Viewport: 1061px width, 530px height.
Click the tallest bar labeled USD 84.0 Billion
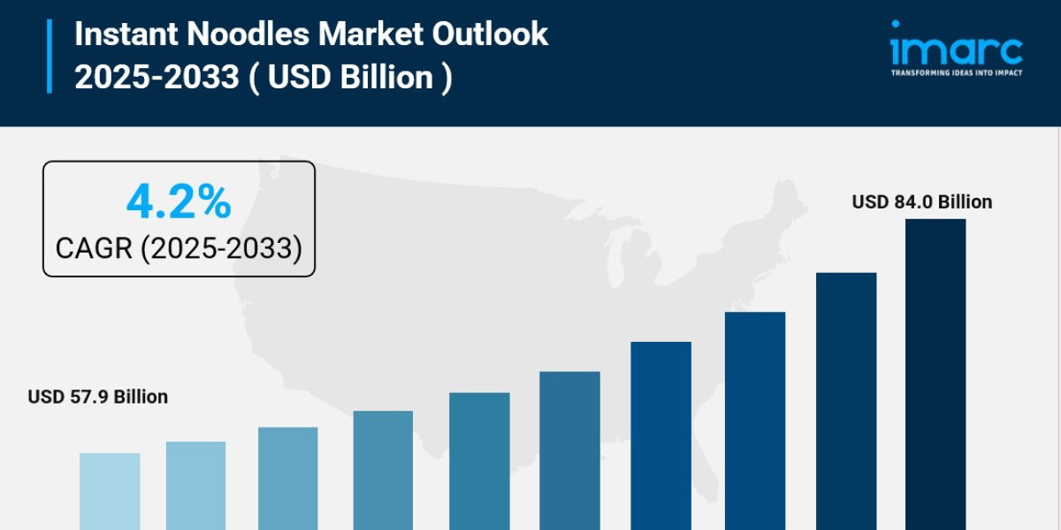935,375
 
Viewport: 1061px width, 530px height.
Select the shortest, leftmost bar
110,491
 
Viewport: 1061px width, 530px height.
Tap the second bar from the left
195,486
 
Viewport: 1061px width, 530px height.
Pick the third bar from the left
288,478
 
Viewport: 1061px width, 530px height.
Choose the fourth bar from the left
383,470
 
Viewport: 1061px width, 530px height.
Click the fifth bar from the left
479,461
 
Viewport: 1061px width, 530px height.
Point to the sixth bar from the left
569,450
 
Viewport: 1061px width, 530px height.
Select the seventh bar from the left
661,435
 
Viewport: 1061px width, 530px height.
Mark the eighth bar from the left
755,420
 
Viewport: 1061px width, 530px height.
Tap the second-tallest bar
846,401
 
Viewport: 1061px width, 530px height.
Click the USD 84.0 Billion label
922,202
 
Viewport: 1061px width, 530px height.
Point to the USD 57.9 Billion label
98,397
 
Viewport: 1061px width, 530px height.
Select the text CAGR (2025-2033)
179,248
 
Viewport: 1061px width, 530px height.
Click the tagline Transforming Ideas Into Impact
956,72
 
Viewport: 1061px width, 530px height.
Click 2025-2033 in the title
156,78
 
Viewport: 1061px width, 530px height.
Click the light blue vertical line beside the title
50,56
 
